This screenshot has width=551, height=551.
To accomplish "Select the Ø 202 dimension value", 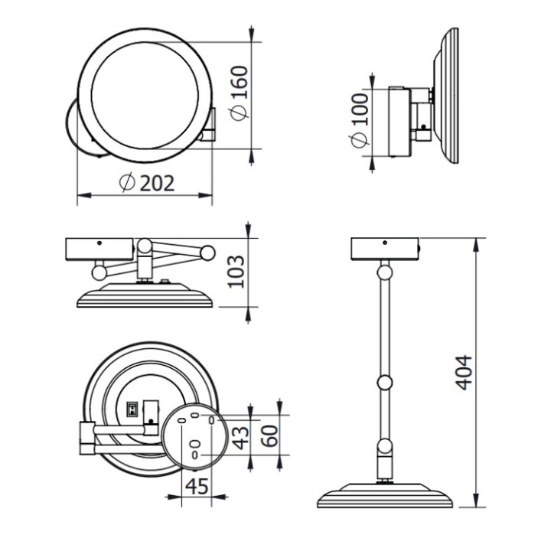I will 148,182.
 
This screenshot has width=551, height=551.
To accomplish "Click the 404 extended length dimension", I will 464,373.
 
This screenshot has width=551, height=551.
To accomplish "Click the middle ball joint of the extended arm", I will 385,382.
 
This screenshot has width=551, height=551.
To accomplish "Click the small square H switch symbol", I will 132,410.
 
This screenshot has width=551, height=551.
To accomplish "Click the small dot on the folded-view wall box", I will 99,243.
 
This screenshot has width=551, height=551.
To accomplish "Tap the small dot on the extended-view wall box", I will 386,243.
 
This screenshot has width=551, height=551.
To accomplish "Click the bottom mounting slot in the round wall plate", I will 196,454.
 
